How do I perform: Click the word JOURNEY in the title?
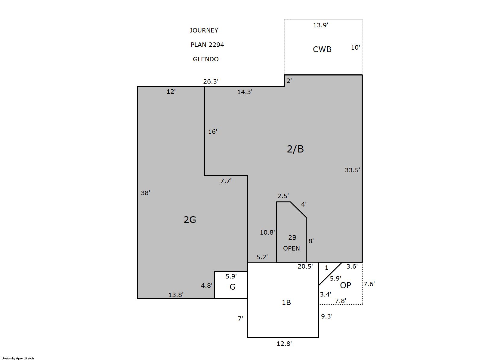[204, 30]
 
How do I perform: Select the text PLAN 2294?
[207, 45]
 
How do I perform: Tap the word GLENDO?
[205, 59]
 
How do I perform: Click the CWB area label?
[322, 49]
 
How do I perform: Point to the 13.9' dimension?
[320, 25]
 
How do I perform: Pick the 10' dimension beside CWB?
[355, 47]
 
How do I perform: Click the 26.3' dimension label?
[211, 82]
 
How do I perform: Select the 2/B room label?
[295, 149]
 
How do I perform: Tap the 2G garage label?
[190, 220]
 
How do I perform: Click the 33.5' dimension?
[352, 170]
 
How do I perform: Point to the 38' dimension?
[145, 193]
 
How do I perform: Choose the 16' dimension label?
[212, 131]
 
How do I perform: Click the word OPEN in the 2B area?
[291, 248]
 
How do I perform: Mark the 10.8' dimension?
[267, 232]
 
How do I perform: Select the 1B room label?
[286, 303]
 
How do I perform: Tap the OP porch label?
[345, 285]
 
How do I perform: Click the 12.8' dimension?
[284, 343]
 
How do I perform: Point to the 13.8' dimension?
[176, 295]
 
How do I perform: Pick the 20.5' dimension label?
[305, 266]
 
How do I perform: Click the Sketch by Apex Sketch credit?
[18, 358]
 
